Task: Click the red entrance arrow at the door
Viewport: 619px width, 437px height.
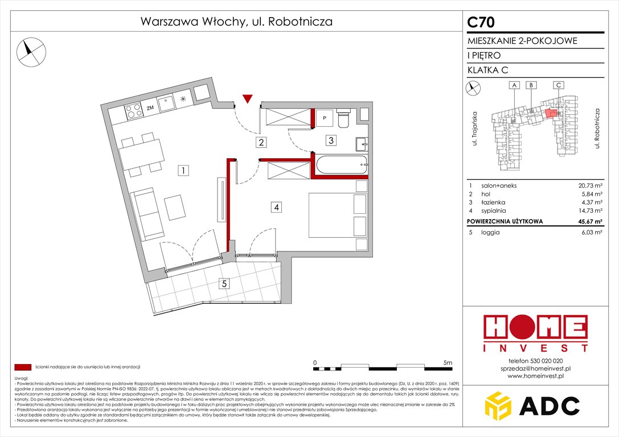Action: [247, 99]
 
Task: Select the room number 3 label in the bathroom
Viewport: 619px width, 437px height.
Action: [330, 139]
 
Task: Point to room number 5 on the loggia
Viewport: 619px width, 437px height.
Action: [225, 283]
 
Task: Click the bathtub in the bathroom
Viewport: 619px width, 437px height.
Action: [341, 166]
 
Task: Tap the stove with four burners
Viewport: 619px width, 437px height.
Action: [133, 110]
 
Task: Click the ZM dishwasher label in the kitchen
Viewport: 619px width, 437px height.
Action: [150, 108]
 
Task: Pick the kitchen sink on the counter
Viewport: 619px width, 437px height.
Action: [167, 104]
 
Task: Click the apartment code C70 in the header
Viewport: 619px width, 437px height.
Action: [481, 22]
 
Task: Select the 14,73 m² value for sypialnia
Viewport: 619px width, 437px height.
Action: [589, 210]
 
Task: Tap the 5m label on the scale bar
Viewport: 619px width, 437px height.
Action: [447, 362]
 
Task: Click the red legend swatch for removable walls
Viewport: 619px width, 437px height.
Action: [23, 367]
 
